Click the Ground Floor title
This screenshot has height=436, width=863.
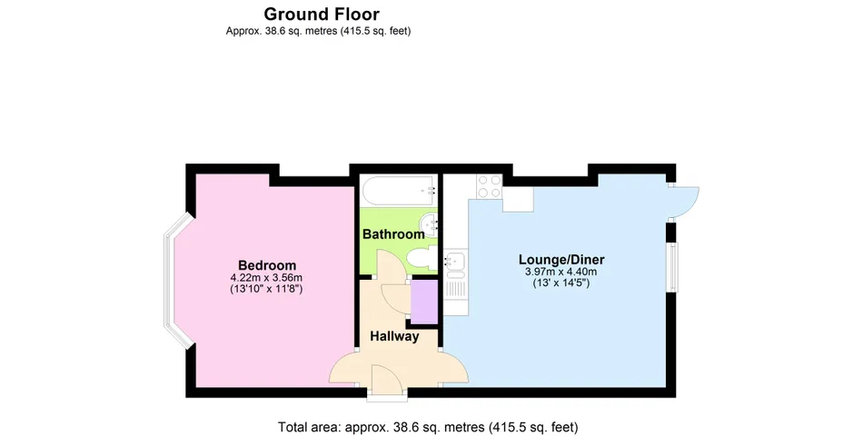(x=322, y=14)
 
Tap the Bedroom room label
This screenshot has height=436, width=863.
(x=267, y=265)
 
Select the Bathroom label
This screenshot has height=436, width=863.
(x=393, y=234)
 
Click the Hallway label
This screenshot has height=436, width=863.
(x=394, y=336)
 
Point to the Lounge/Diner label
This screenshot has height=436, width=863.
(x=561, y=259)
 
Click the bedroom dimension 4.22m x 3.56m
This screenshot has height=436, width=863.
(x=267, y=277)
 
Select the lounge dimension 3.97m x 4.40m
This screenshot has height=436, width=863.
(x=561, y=272)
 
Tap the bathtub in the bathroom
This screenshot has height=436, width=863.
(x=399, y=191)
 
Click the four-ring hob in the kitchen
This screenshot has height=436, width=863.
(x=490, y=186)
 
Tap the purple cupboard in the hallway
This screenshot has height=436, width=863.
(x=424, y=302)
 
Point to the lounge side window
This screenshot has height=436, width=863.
(x=673, y=266)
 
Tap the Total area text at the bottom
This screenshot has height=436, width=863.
(x=428, y=427)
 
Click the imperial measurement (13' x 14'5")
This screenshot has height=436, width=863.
(x=561, y=283)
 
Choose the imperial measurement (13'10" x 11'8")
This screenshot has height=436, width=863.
(x=267, y=289)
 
